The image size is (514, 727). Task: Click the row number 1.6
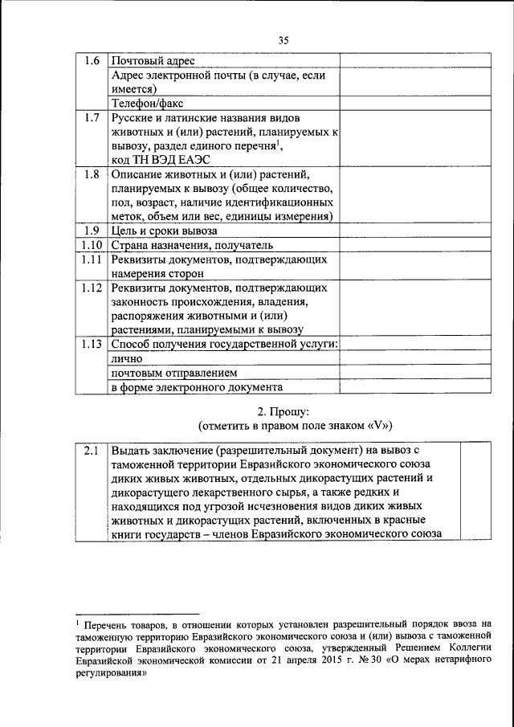pyautogui.click(x=92, y=60)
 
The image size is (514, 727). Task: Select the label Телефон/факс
pyautogui.click(x=145, y=102)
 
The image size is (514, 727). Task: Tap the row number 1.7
pyautogui.click(x=92, y=118)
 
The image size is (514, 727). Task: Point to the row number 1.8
pyautogui.click(x=92, y=174)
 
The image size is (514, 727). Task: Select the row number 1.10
pyautogui.click(x=92, y=245)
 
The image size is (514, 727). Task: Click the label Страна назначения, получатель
pyautogui.click(x=192, y=245)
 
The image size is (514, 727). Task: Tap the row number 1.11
pyautogui.click(x=92, y=259)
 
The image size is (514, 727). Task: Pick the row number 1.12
pyautogui.click(x=92, y=287)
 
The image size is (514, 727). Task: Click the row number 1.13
pyautogui.click(x=92, y=344)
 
